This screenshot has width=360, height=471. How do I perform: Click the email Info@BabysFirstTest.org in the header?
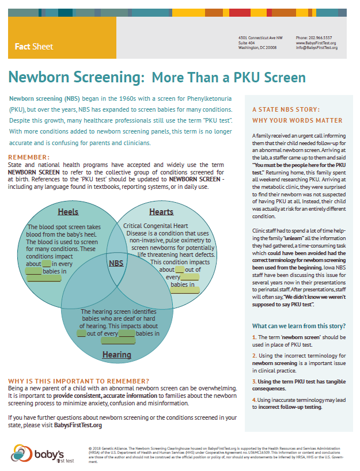[x=316, y=48]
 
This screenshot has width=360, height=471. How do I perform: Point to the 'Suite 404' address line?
[x=247, y=43]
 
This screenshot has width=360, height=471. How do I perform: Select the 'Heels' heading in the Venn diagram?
[x=68, y=211]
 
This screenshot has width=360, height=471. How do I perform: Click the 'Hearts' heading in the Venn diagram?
[x=161, y=212]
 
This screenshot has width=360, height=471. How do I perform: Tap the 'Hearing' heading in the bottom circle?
[x=116, y=355]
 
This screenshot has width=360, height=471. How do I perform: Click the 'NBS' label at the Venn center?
[x=116, y=263]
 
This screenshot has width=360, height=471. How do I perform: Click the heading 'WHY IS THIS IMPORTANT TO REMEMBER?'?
[x=78, y=381]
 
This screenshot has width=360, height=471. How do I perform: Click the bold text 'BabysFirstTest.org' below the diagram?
[x=78, y=426]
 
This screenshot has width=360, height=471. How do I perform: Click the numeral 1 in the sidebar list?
[x=254, y=336]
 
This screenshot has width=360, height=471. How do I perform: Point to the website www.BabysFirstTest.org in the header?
[x=316, y=43]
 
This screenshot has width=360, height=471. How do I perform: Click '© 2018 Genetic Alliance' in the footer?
[x=113, y=446]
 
